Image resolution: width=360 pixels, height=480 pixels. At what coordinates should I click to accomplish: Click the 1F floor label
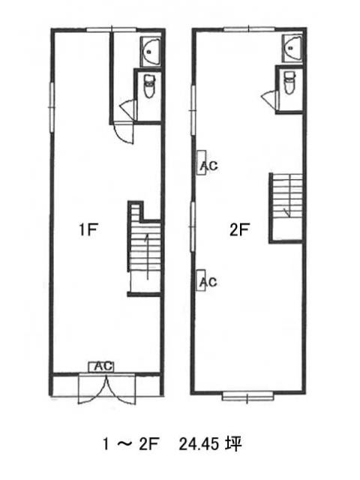[x=88, y=229]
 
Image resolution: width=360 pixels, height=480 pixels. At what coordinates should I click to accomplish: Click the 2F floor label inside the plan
[x=240, y=229]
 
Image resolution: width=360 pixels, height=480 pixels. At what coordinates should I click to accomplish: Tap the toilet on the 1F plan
[x=149, y=87]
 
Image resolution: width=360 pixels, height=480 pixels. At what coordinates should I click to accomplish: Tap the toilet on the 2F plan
[x=289, y=82]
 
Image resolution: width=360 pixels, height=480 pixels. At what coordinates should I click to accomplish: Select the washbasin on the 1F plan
[x=150, y=52]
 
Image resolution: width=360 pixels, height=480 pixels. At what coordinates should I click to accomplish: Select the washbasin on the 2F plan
[x=292, y=48]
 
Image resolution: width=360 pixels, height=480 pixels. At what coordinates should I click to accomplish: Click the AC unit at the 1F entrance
[x=101, y=367]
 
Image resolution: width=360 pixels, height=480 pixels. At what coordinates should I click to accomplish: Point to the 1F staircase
[x=145, y=248]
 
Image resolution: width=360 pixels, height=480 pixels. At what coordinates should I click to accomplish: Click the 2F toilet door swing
[x=269, y=98]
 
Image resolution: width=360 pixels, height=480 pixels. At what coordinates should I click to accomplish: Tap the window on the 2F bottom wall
[x=247, y=397]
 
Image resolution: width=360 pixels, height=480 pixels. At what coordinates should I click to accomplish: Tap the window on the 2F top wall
[x=249, y=29]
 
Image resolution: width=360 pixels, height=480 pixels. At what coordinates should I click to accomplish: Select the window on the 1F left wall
[x=52, y=106]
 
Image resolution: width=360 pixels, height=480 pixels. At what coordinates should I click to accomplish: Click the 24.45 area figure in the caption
[x=199, y=444]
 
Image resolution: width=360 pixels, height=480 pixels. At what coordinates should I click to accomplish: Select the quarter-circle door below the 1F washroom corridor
[x=124, y=133]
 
